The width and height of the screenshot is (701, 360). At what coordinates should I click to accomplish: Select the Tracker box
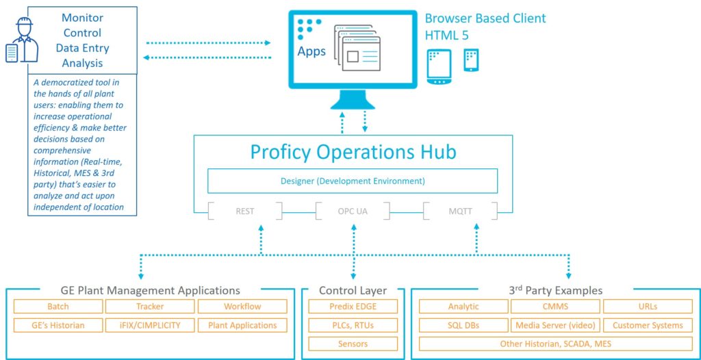[x=150, y=307]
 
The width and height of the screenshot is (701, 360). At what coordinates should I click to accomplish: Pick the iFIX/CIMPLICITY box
[x=150, y=325]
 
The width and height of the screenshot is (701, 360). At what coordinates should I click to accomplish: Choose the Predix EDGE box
[x=353, y=307]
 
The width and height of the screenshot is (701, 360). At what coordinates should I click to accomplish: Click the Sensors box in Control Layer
[x=353, y=344]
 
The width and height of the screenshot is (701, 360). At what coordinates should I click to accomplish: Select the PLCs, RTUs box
[x=353, y=325]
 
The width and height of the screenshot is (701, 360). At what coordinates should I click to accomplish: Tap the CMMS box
[x=556, y=307]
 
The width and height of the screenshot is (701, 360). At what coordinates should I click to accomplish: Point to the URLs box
[x=648, y=307]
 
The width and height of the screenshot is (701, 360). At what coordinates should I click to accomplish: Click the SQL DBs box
[x=463, y=325]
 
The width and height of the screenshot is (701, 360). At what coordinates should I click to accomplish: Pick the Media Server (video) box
[x=556, y=325]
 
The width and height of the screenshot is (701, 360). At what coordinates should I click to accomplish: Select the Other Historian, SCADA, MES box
[x=556, y=344]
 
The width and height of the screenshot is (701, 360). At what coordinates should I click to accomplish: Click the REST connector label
[x=245, y=211]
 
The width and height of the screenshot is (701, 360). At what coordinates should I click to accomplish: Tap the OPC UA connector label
[x=353, y=211]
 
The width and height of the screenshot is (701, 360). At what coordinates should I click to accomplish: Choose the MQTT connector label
[x=461, y=211]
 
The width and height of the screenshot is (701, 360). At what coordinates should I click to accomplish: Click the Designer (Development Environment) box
[x=353, y=181]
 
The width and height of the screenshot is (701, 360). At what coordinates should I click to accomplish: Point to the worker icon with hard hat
[x=22, y=40]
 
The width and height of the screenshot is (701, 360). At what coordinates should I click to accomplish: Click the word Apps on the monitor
[x=311, y=51]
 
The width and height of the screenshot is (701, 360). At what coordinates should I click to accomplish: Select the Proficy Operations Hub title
[x=353, y=152]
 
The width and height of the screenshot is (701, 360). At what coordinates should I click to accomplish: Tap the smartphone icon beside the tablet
[x=471, y=60]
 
